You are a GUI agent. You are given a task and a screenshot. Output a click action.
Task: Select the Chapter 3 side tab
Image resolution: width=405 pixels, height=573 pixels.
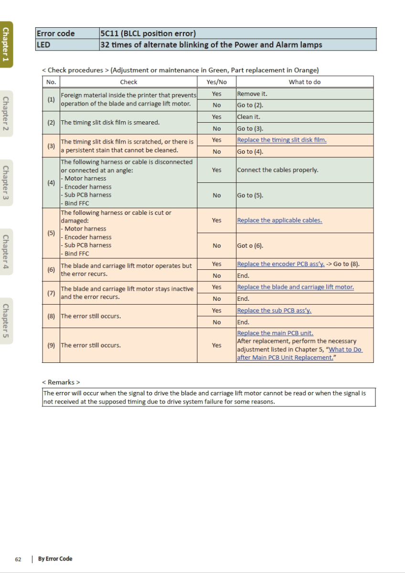pyautogui.click(x=6, y=182)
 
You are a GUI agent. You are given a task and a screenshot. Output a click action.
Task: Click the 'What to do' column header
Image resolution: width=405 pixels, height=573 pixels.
pyautogui.click(x=304, y=82)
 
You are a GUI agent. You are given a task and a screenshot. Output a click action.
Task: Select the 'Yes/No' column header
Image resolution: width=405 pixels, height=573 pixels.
pyautogui.click(x=216, y=82)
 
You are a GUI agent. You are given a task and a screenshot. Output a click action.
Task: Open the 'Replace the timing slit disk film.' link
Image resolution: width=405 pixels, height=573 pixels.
pyautogui.click(x=281, y=140)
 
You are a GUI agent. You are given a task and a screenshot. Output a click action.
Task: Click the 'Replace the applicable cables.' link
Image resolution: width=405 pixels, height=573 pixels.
pyautogui.click(x=279, y=220)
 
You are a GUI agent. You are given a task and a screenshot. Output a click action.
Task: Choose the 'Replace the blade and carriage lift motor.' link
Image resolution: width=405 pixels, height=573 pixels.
pyautogui.click(x=295, y=287)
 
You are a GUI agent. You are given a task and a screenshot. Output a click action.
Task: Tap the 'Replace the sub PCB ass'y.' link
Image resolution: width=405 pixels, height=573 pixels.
pyautogui.click(x=274, y=310)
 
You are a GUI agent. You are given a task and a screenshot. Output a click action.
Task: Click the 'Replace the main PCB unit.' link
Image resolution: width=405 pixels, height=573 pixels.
pyautogui.click(x=275, y=333)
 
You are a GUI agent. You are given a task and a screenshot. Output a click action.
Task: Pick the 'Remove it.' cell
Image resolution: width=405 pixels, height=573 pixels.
pyautogui.click(x=248, y=94)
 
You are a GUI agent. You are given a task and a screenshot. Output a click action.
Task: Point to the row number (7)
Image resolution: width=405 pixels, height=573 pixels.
pyautogui.click(x=51, y=293)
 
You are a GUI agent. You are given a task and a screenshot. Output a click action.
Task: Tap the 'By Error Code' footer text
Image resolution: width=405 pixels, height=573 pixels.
pyautogui.click(x=55, y=559)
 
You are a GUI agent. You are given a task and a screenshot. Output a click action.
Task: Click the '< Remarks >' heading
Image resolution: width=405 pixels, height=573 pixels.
pyautogui.click(x=61, y=382)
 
